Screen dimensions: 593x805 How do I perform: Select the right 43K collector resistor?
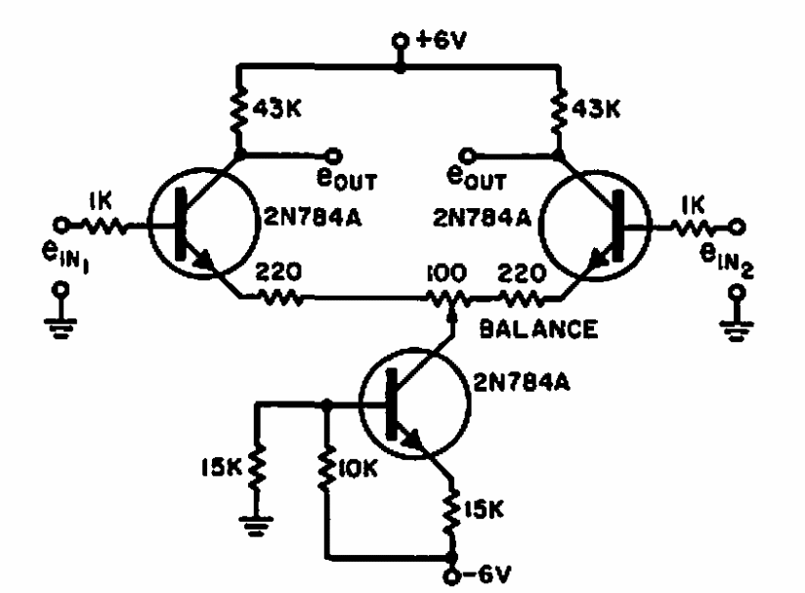559,108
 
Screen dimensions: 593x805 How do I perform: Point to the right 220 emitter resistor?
522,297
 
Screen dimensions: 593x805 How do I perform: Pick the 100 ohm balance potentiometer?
450,296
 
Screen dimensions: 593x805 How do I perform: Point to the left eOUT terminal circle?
334,155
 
